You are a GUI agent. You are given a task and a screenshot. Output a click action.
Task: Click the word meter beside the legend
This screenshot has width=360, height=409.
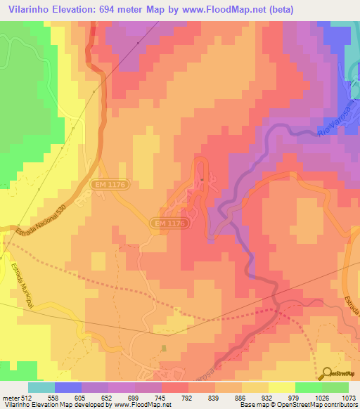(11, 398)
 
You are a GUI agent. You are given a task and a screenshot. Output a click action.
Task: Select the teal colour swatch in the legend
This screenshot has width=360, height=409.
(41, 387)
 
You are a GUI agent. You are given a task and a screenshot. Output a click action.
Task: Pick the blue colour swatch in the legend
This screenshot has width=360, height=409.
(68, 387)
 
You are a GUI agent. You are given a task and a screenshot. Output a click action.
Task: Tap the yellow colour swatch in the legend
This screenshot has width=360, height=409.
(282, 387)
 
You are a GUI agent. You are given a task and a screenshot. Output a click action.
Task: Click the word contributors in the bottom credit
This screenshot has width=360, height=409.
(341, 405)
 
